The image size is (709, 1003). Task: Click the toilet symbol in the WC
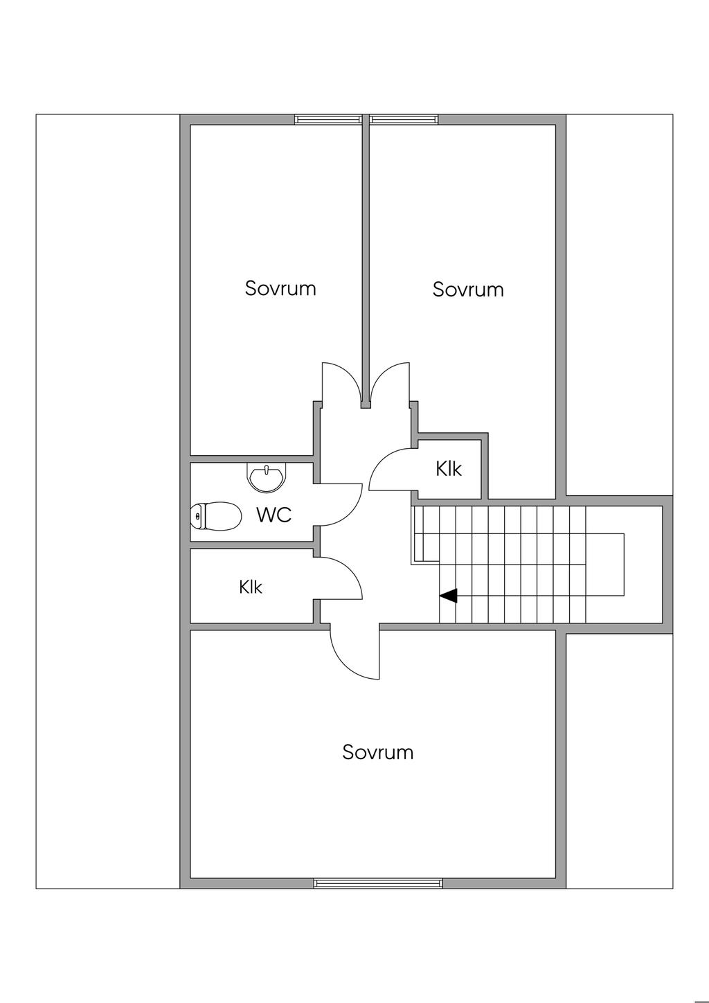[x=216, y=516]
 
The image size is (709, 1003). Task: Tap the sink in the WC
[x=265, y=478]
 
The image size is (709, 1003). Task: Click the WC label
[x=274, y=515]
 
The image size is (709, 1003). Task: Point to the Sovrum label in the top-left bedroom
[x=280, y=288]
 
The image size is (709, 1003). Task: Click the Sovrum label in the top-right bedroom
[x=468, y=290]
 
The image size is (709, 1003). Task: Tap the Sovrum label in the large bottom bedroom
[x=378, y=752]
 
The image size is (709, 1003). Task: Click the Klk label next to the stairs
[x=449, y=469]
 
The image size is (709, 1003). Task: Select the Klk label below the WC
[x=251, y=587]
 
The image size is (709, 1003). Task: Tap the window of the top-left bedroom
[x=328, y=119]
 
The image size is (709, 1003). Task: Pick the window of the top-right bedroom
[x=404, y=119]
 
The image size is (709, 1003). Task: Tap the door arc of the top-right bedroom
[x=384, y=376]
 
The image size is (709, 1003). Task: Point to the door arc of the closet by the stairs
[x=380, y=461]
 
